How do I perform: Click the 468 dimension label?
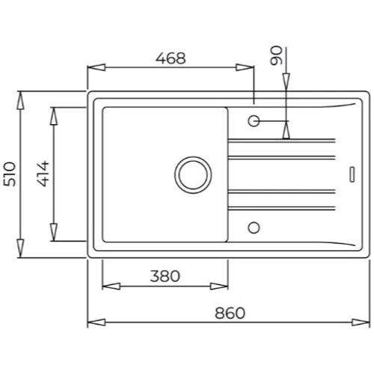coord(171,58)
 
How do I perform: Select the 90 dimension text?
coord(277,55)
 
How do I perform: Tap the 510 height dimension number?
coord(10,174)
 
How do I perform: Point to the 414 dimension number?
coord(43,174)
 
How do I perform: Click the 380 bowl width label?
coord(165,276)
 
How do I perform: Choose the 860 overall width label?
coord(230,313)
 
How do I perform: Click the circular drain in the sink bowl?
coord(193,175)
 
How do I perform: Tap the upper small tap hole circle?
coord(254,121)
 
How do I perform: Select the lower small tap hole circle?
coord(254,227)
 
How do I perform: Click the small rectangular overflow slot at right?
coord(352,174)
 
